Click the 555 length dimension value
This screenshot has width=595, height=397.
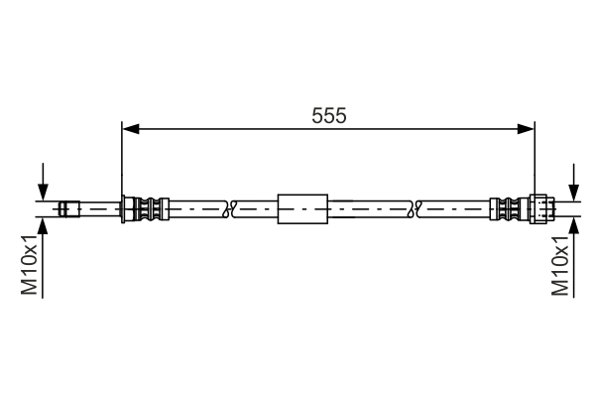[328, 115]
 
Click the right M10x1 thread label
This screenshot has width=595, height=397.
[561, 265]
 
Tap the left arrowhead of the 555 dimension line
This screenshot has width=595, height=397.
[129, 128]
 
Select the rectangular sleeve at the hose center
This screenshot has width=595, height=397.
[301, 209]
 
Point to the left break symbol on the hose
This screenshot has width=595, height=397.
[229, 209]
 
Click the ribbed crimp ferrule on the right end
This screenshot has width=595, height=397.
[509, 209]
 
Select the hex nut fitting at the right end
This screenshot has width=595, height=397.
[539, 209]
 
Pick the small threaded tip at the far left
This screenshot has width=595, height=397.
[67, 209]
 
